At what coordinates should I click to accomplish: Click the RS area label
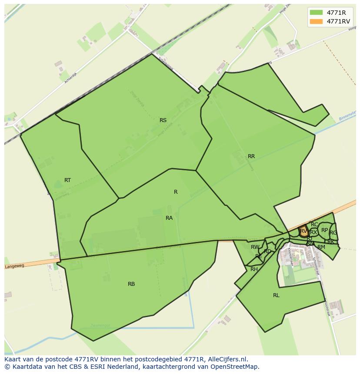pos(163,120)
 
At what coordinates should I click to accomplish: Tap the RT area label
pos(67,180)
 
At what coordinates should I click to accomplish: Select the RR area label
pos(251,156)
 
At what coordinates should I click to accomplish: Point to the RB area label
pos(131,284)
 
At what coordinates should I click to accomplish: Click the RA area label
pos(169,218)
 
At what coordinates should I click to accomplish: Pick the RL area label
pos(276,295)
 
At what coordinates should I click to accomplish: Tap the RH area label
pos(254,269)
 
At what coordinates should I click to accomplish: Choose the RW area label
pos(255,247)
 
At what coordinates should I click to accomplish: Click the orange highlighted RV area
pos(303,231)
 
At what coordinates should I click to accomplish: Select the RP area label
pos(325,230)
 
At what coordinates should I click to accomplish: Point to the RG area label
pos(333,233)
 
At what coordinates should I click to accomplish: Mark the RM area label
pos(321,247)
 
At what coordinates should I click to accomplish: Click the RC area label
pos(314,225)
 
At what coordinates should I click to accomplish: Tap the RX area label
pos(313,232)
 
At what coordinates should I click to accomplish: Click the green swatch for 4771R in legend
pos(316,13)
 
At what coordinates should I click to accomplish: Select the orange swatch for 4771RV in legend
pos(316,21)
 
